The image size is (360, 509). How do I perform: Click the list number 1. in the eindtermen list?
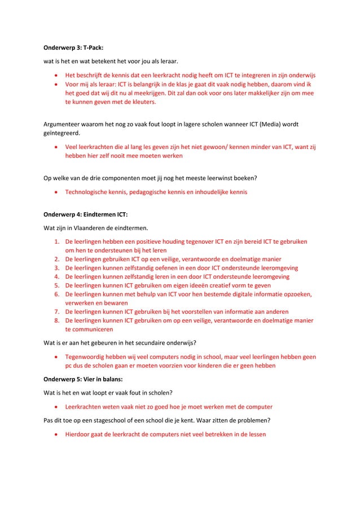coord(57,242)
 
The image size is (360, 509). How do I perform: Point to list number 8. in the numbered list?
coord(57,321)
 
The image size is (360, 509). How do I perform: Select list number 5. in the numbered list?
coord(57,286)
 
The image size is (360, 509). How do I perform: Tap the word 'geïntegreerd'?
coord(62,134)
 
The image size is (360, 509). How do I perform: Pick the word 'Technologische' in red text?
coord(89,192)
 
